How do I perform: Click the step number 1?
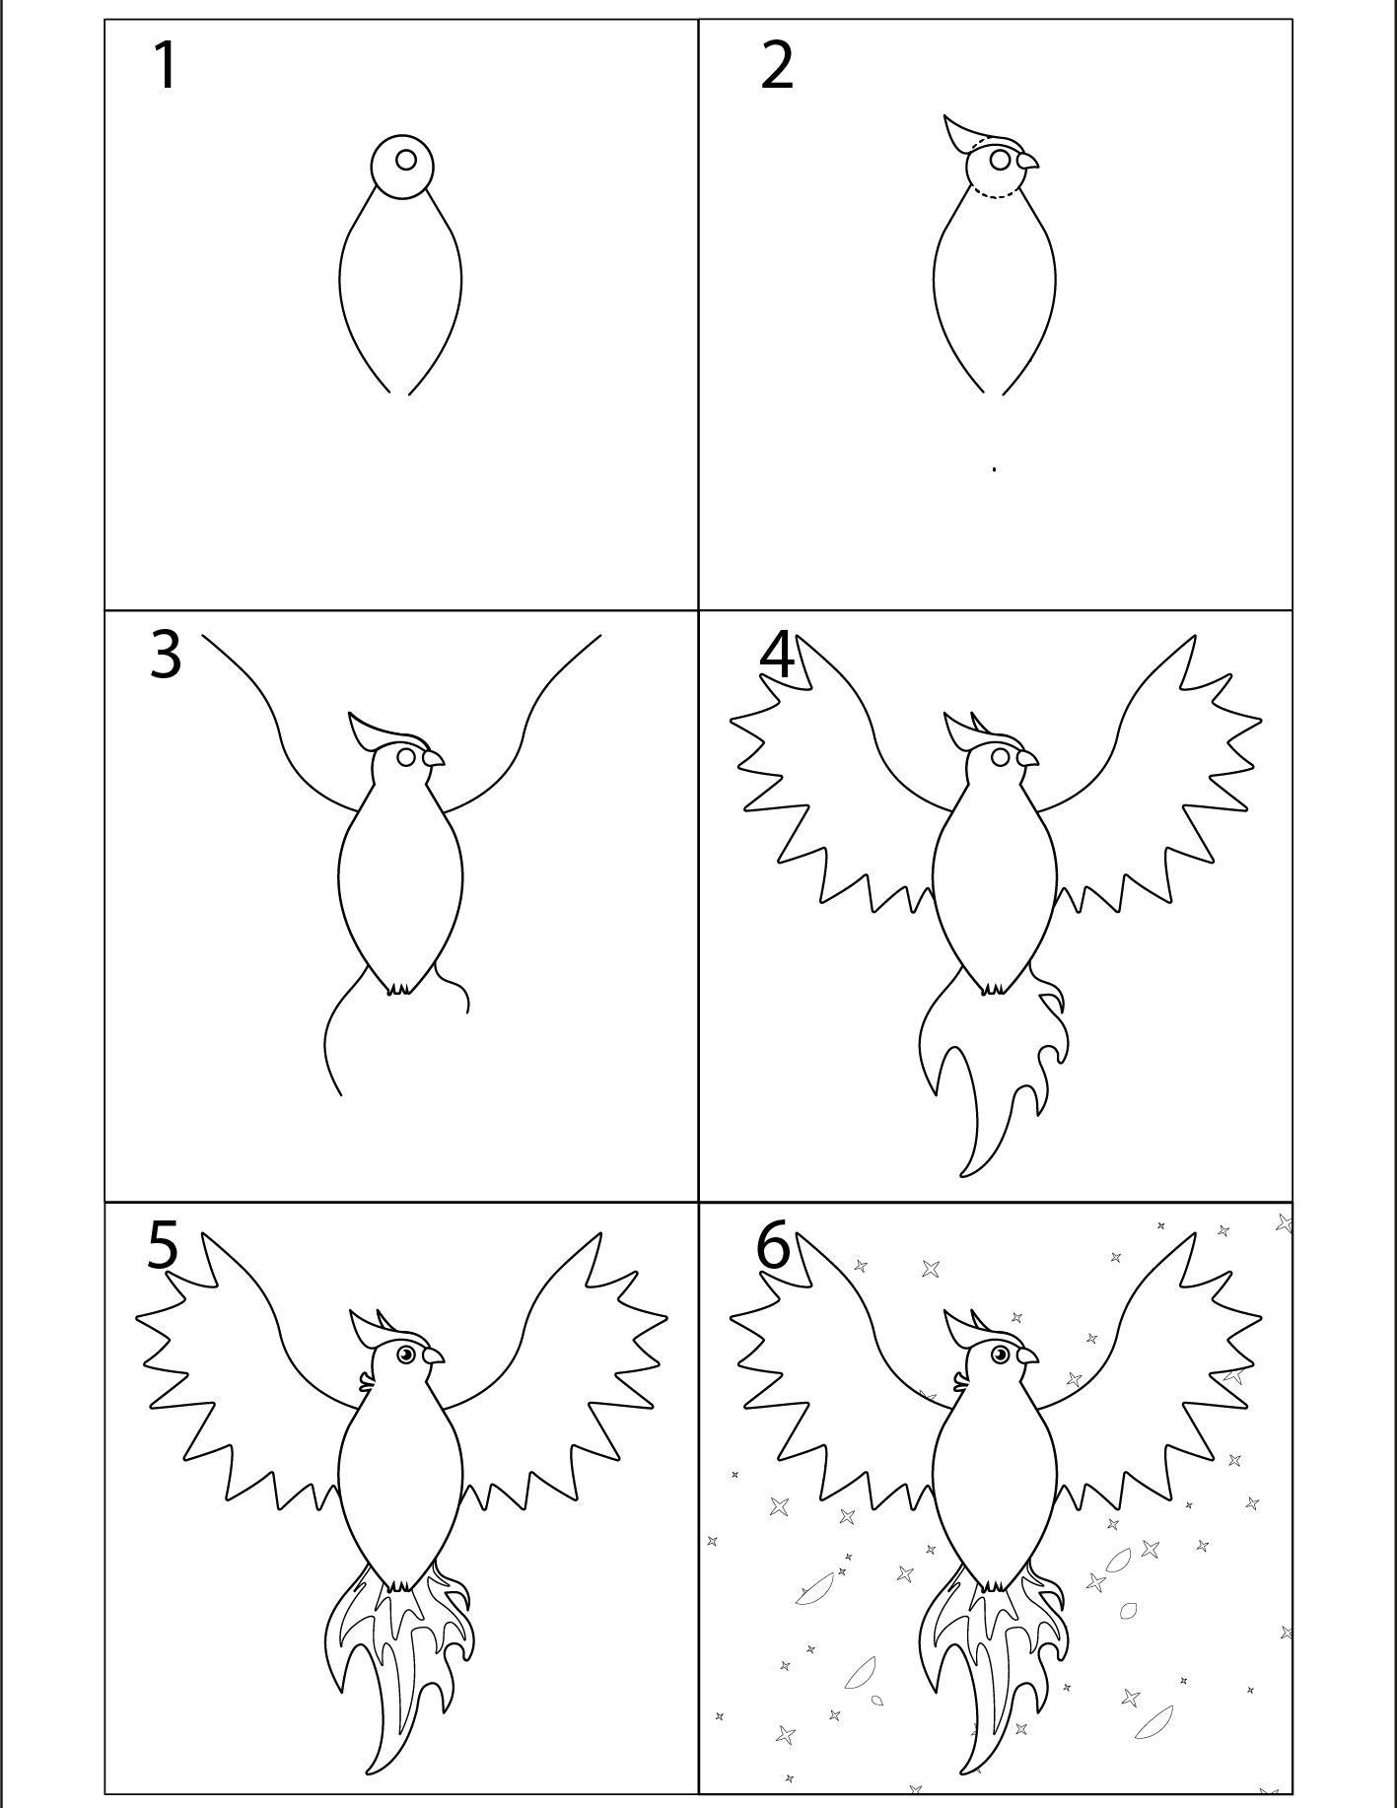pos(167,67)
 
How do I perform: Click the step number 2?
pos(777,67)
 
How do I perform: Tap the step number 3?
pos(166,655)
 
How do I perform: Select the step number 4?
pos(777,655)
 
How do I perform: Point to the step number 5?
pos(164,1245)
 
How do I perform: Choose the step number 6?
pos(774,1245)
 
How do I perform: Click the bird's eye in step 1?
pos(405,159)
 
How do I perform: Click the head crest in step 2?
pos(969,133)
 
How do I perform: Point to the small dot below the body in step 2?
pos(994,469)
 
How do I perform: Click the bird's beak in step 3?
pos(433,758)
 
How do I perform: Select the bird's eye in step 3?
pos(405,757)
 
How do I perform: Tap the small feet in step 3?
pos(400,988)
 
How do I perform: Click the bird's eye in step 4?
pos(1001,757)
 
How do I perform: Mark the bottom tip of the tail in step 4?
pos(963,1175)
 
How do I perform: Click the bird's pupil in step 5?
pos(406,1355)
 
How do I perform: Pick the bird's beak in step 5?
pos(433,1356)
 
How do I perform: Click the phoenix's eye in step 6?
pos(1000,1355)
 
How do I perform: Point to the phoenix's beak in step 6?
pos(1027,1356)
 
